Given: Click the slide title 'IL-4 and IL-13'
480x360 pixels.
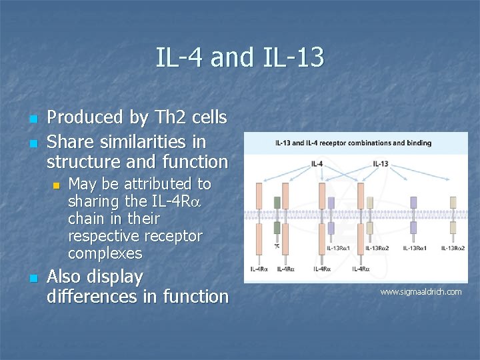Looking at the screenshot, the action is tap(240, 57).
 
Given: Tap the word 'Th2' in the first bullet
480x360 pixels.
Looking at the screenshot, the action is tap(171, 118).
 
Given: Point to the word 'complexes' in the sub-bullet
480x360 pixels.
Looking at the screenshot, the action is tap(105, 253).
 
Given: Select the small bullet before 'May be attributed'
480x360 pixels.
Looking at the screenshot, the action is tap(57, 185).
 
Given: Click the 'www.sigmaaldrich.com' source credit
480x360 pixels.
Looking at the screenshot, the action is tap(421, 292).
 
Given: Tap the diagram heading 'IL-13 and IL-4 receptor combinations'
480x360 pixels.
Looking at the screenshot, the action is tap(353, 143).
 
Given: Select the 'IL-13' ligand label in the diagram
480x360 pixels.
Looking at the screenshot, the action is tap(381, 164).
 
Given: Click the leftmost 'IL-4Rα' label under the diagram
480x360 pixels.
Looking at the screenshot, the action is tap(259, 269).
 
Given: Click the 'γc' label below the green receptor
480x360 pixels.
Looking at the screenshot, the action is tap(277, 246).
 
